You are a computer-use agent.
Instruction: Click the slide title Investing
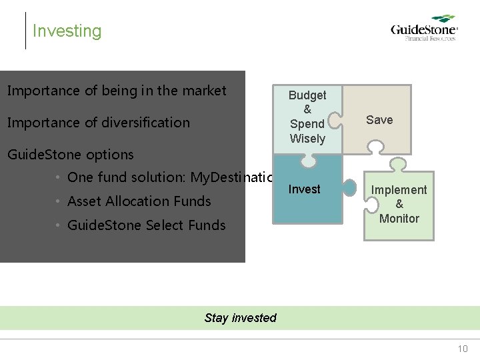tap(67, 31)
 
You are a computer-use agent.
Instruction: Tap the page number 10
tap(463, 349)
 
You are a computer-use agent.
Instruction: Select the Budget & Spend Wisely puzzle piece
tap(307, 117)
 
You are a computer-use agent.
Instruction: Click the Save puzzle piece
tap(379, 120)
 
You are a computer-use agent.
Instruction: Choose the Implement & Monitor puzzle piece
tap(399, 204)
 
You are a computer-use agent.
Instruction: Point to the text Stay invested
tap(240, 318)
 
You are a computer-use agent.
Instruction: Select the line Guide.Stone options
tap(70, 155)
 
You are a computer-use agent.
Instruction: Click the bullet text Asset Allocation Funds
tap(139, 201)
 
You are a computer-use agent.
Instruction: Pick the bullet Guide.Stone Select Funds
tap(147, 225)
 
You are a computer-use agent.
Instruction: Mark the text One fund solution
tap(127, 177)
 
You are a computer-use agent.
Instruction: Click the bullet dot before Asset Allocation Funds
tap(59, 201)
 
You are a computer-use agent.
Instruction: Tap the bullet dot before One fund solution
tap(59, 177)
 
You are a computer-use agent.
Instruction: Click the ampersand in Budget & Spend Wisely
tap(307, 109)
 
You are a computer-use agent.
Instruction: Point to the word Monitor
tap(399, 219)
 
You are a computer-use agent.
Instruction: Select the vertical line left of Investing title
tap(25, 31)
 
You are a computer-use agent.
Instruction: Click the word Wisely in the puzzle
tap(307, 139)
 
